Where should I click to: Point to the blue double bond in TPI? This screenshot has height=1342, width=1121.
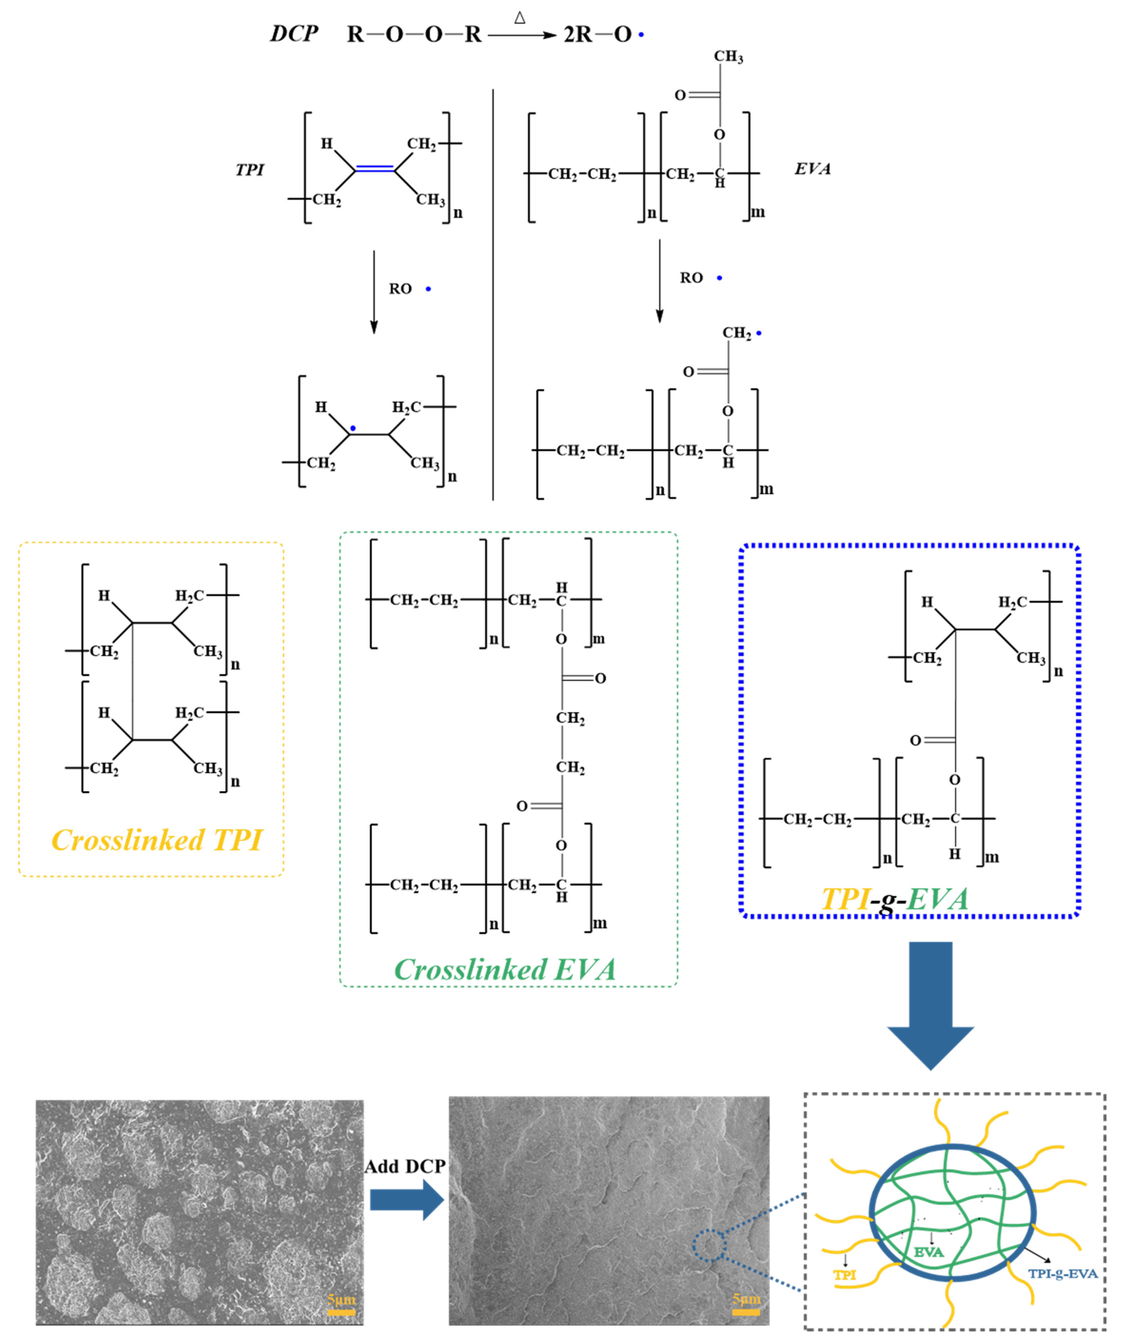(375, 169)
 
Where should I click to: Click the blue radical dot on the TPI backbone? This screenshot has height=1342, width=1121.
(352, 428)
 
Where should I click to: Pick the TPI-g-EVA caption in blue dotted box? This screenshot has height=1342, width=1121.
(894, 899)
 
